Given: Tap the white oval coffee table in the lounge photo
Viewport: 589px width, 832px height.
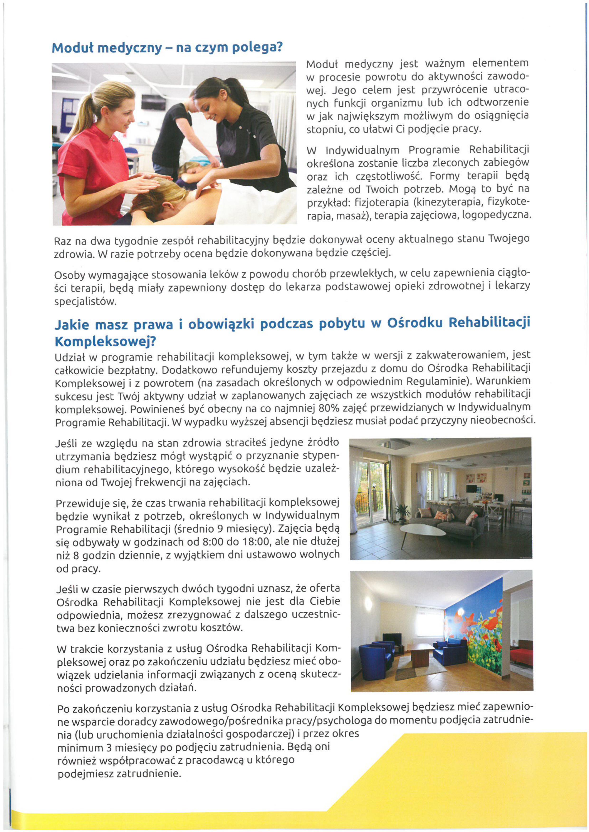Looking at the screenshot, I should click(x=423, y=531).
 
